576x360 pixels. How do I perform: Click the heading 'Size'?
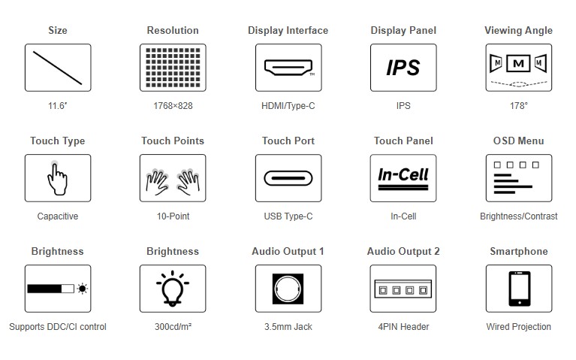58,30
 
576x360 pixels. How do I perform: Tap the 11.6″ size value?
58,106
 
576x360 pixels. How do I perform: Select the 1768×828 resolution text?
173,106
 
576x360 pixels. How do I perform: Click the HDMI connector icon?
288,68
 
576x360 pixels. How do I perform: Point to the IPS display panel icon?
403,68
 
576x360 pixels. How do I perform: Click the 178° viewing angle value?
518,106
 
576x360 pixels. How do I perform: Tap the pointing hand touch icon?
58,178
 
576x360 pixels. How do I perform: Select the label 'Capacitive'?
58,216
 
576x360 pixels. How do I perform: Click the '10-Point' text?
173,216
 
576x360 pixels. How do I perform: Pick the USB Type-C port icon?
288,178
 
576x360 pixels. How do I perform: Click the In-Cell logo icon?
403,178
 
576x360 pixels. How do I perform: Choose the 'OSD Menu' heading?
518,141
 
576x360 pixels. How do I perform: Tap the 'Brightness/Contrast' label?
518,216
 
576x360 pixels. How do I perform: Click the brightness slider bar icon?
58,289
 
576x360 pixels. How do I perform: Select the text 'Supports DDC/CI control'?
58,327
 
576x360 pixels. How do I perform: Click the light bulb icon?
173,289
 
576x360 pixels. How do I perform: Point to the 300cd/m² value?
173,327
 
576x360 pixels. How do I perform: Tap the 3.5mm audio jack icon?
288,289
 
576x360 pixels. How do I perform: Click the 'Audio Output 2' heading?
403,251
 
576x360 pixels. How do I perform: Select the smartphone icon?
518,289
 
